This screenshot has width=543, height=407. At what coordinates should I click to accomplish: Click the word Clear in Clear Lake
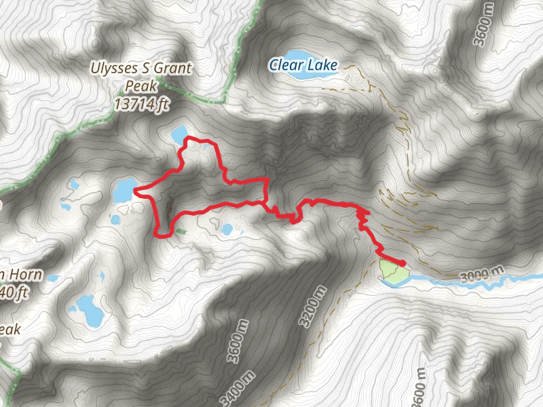(284, 66)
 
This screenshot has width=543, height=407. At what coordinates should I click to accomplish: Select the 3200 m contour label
(312, 306)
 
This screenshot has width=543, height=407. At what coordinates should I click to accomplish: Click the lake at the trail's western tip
(124, 189)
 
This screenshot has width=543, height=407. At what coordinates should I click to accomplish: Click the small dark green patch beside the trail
(180, 231)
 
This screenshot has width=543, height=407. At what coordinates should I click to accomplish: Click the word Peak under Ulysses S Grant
(141, 87)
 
